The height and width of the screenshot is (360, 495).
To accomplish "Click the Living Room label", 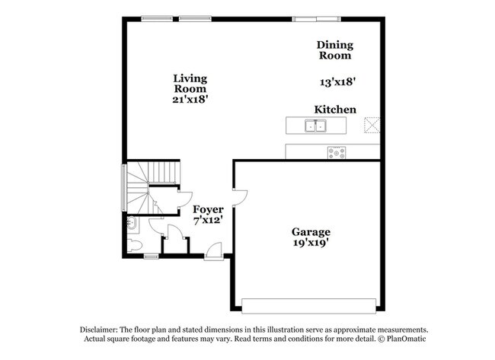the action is click(x=190, y=83).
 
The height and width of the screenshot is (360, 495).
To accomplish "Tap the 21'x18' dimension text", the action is click(x=190, y=100).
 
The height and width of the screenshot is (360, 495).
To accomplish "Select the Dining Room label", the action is click(x=335, y=49).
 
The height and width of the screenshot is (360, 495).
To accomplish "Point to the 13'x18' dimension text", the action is click(x=338, y=82).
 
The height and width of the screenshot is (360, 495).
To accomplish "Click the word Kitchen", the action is click(x=335, y=110).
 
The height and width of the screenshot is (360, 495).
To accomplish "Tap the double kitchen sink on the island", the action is click(x=315, y=126).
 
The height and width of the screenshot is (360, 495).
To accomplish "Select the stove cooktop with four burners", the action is click(x=337, y=153).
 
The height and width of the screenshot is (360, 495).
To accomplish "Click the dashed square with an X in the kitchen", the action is click(x=372, y=125).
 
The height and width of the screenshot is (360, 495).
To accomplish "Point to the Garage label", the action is click(x=311, y=232).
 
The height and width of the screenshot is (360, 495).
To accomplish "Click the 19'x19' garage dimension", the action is click(x=311, y=243).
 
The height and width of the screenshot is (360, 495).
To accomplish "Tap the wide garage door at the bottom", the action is click(x=308, y=306).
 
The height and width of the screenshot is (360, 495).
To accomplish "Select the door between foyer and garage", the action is click(x=240, y=198).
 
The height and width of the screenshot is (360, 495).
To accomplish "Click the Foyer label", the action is click(x=209, y=209).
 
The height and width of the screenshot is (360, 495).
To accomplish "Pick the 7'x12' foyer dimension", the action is click(x=209, y=220).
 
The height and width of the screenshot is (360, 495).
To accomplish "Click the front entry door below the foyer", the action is click(x=214, y=251).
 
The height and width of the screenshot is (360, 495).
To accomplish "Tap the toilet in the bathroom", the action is click(x=135, y=245).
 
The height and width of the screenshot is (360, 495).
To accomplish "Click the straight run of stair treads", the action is click(x=162, y=172).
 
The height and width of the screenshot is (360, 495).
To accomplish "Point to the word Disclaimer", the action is click(x=99, y=330).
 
